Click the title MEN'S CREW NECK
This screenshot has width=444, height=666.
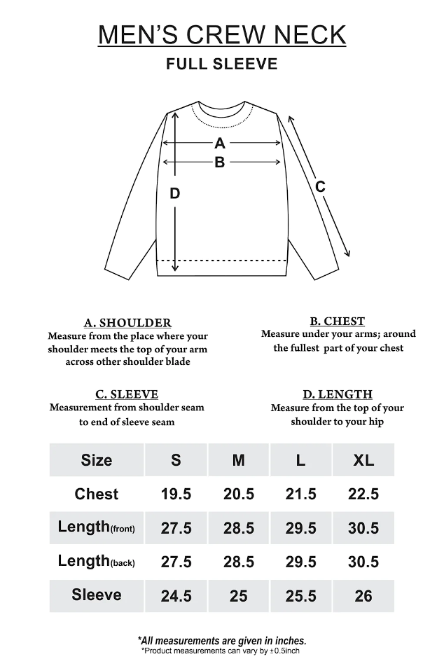click(221, 34)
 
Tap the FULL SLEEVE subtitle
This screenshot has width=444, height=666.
click(221, 64)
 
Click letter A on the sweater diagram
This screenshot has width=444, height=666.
click(220, 144)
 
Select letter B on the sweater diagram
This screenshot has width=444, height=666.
click(220, 162)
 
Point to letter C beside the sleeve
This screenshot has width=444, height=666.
click(320, 186)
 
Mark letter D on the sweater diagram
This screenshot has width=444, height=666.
click(175, 193)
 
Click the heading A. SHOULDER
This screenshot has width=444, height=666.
click(127, 323)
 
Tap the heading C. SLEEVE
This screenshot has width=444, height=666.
click(127, 394)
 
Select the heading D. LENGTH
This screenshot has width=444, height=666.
click(338, 394)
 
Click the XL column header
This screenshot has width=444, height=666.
click(363, 460)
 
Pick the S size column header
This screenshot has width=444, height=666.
click(176, 460)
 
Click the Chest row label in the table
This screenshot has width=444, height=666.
click(97, 494)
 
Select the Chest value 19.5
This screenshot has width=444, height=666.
click(176, 494)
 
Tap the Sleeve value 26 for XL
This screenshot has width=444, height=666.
click(363, 596)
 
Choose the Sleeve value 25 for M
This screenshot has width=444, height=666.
click(239, 596)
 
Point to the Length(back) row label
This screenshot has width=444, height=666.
click(97, 562)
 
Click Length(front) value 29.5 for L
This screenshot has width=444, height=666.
click(301, 528)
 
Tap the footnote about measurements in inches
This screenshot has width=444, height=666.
click(221, 640)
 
